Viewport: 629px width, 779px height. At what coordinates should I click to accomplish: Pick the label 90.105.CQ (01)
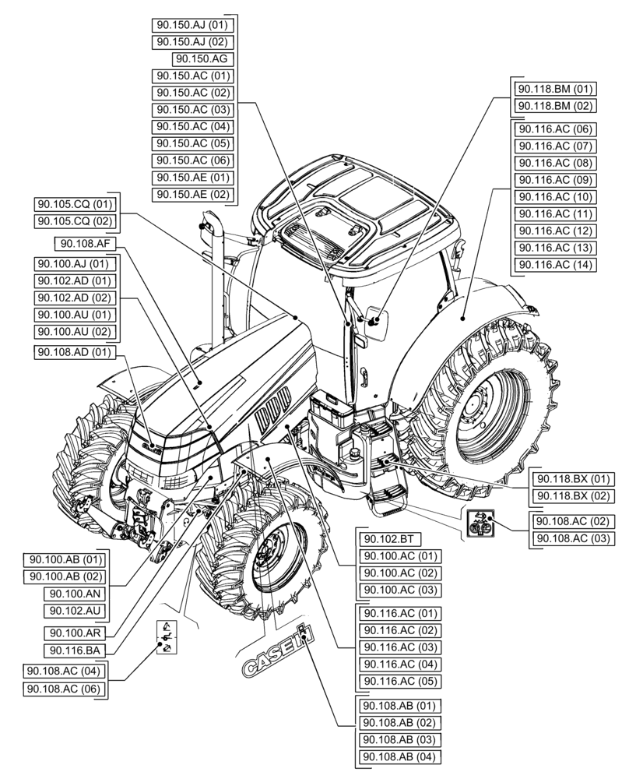[x=75, y=204]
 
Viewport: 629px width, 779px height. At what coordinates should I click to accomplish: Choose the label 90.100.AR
[x=76, y=633]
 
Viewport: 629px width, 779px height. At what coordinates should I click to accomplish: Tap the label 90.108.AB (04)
[x=397, y=756]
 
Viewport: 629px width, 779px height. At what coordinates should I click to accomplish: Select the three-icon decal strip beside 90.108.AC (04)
[x=167, y=637]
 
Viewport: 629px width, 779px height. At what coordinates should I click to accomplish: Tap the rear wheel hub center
[x=477, y=411]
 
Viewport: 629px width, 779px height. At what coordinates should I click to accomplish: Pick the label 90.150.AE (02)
[x=193, y=194]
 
